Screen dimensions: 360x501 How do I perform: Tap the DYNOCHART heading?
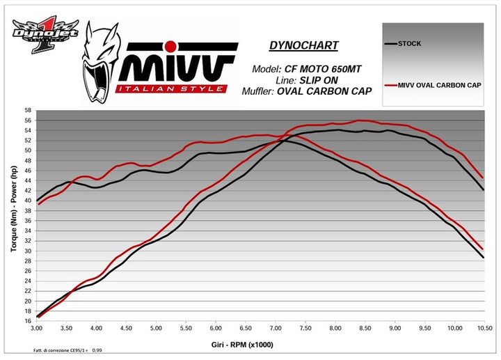pos(303,46)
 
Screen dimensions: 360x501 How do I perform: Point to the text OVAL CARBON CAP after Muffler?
pos(327,91)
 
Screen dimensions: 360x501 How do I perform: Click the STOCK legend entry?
pos(409,44)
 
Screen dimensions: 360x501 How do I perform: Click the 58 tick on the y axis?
pos(26,111)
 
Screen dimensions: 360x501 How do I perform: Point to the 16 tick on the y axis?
pos(26,321)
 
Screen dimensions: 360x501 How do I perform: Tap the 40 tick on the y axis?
pos(26,201)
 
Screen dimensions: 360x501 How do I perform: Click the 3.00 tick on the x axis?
pos(37,327)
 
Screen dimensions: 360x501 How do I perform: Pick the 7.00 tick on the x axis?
pos(275,327)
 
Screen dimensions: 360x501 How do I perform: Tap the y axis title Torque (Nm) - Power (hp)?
pos(14,216)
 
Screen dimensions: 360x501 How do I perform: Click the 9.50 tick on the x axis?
pos(424,327)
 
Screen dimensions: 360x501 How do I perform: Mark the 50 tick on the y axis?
pos(26,150)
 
